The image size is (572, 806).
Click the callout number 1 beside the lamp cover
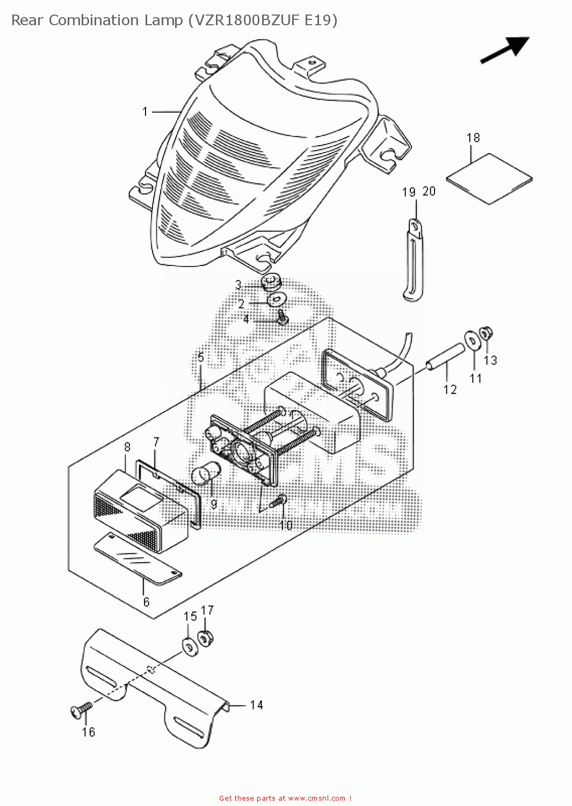tap(144, 112)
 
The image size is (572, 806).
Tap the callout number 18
tap(473, 138)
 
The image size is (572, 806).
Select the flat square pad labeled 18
tap(489, 179)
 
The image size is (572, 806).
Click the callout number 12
tap(450, 390)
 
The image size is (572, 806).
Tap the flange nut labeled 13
tap(486, 333)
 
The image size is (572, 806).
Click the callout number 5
tap(200, 357)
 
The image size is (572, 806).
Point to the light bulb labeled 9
tap(204, 476)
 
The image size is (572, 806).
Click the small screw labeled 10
tap(279, 502)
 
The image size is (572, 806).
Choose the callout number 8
tap(127, 447)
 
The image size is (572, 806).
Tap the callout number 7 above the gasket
tap(156, 442)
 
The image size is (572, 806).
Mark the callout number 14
tap(256, 705)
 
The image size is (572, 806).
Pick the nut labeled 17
tap(205, 638)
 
